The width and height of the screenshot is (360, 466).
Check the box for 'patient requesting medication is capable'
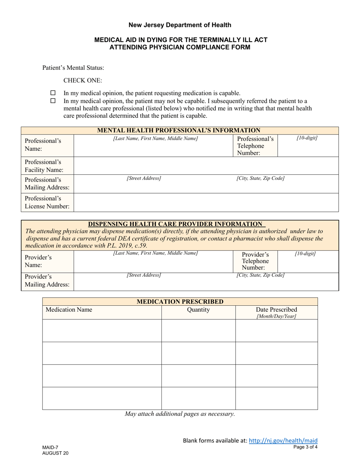53,93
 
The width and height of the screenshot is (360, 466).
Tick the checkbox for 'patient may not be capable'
53,101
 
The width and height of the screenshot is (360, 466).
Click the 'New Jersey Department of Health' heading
180,25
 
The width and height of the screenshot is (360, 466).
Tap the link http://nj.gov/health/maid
283,440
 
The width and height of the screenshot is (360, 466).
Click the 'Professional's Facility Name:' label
44,166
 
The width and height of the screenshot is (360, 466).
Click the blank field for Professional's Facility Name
206,166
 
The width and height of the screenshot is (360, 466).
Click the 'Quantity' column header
198,310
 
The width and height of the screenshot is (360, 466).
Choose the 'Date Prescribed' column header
277,310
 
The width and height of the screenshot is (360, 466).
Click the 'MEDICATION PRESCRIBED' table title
180,302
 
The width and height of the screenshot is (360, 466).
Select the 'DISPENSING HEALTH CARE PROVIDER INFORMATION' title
175,224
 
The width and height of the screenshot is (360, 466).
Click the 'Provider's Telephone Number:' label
255,261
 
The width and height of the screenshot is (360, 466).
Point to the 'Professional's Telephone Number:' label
255,146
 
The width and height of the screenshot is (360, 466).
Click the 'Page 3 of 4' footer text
305,447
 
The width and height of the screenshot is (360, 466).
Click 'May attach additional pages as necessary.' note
180,414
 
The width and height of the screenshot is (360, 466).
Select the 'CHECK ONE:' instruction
83,80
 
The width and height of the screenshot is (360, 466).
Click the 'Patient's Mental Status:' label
73,68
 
